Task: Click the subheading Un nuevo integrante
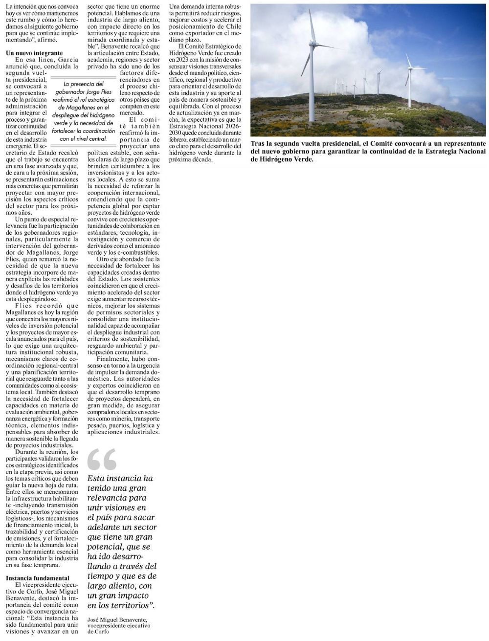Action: click(34, 52)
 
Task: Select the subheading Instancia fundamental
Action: click(37, 577)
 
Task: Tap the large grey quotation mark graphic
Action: click(102, 458)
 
